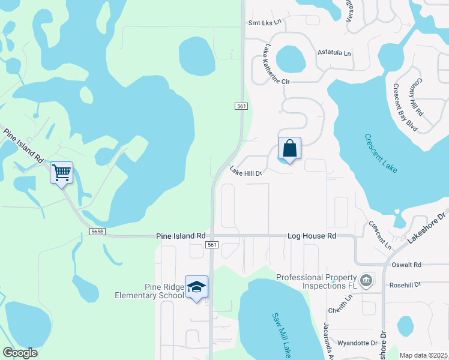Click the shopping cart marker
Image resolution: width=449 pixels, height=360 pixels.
click(61, 173)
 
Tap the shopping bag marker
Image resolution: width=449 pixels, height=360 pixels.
click(289, 148)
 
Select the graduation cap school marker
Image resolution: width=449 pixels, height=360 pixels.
click(196, 287)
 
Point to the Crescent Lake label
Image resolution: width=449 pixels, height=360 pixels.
click(381, 153)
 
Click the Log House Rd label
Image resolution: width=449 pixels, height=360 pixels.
click(312, 236)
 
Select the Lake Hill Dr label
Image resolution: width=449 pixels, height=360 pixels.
click(246, 173)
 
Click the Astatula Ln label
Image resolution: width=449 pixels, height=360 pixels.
click(334, 53)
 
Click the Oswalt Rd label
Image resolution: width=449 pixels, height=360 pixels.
click(409, 265)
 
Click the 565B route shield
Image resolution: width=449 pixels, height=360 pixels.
click(97, 231)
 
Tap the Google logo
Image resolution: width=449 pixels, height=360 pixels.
click(20, 353)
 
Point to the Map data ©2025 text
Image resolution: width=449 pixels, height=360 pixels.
click(424, 355)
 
